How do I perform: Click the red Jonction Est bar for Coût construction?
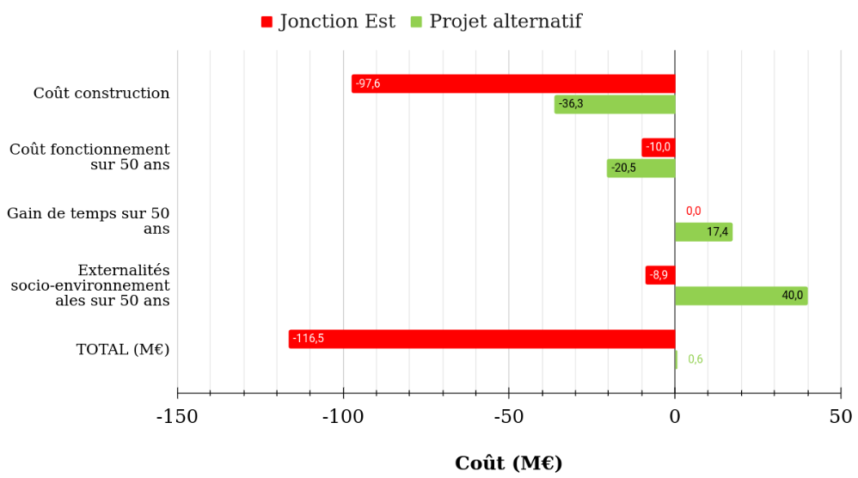pyautogui.click(x=513, y=83)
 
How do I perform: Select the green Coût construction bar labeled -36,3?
pyautogui.click(x=615, y=104)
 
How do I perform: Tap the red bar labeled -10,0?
pyautogui.click(x=659, y=147)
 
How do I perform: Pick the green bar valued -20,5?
pyautogui.click(x=641, y=168)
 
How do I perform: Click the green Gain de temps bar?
pyautogui.click(x=703, y=232)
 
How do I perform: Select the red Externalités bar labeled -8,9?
pyautogui.click(x=660, y=275)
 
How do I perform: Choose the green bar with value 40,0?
pyautogui.click(x=741, y=296)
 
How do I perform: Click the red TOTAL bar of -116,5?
pyautogui.click(x=481, y=339)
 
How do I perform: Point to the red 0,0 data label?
pyautogui.click(x=693, y=211)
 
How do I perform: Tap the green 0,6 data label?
pyautogui.click(x=695, y=359)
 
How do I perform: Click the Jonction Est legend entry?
pyautogui.click(x=328, y=21)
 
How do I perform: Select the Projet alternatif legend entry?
pyautogui.click(x=496, y=21)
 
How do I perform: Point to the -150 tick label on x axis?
pyautogui.click(x=177, y=418)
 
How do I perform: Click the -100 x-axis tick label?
pyautogui.click(x=343, y=418)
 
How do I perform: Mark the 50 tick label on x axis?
pyautogui.click(x=841, y=418)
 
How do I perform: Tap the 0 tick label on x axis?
pyautogui.click(x=675, y=418)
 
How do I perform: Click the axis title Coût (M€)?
pyautogui.click(x=508, y=463)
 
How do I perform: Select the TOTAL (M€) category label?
pyautogui.click(x=123, y=349)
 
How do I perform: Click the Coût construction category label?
pyautogui.click(x=101, y=93)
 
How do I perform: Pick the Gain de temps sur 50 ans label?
pyautogui.click(x=89, y=221)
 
